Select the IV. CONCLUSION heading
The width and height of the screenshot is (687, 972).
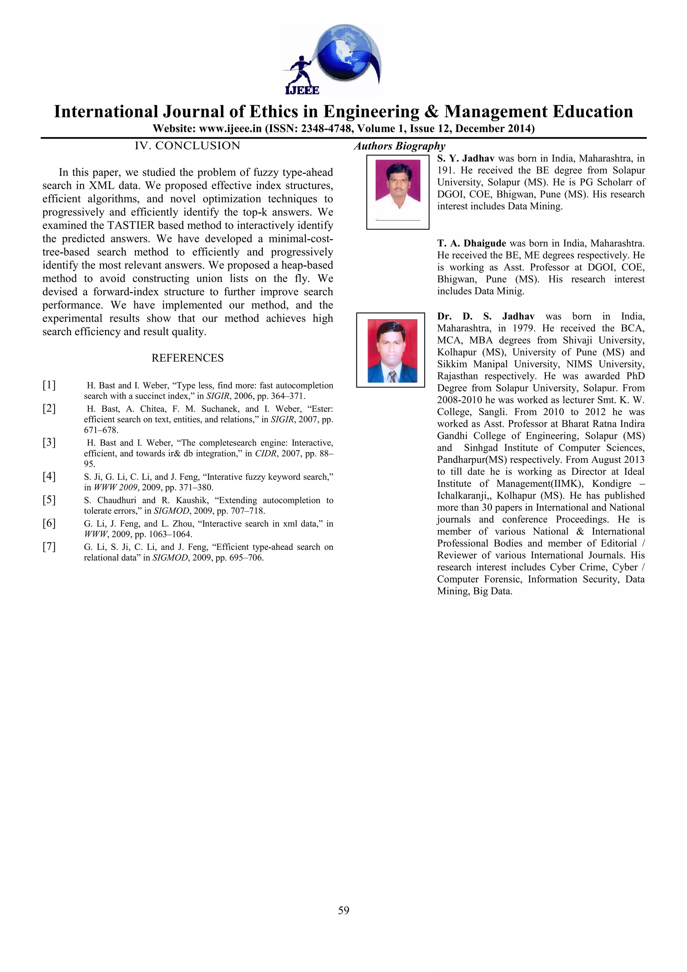[x=187, y=146]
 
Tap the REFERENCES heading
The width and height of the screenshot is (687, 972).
[x=187, y=358]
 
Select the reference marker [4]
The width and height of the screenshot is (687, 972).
[x=49, y=476]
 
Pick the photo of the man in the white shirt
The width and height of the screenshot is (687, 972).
[x=398, y=186]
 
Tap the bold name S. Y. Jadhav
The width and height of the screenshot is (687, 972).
[x=466, y=159]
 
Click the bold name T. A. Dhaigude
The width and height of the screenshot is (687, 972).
[x=472, y=244]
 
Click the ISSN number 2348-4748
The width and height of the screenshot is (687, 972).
[x=326, y=129]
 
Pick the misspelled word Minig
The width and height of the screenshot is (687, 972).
[x=513, y=291]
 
